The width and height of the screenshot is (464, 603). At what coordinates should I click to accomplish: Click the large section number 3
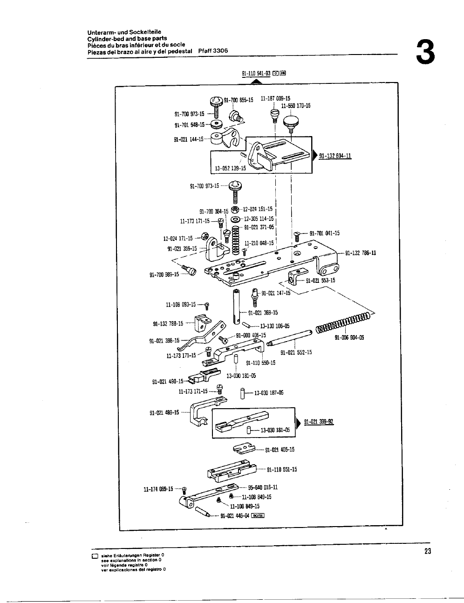pos(425,53)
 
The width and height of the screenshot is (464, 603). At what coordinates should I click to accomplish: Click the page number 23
pos(428,551)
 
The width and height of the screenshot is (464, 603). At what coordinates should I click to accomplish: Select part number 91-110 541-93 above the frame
pos(256,73)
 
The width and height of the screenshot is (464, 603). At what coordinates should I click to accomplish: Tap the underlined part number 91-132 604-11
pos(335,156)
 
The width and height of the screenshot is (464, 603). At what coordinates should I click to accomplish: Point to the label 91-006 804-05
pos(349,338)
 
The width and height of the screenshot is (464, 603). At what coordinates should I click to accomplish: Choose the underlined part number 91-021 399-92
pos(318,422)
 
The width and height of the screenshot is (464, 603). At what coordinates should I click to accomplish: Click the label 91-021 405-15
pos(280,450)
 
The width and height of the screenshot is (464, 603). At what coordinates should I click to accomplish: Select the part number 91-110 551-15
pos(282,470)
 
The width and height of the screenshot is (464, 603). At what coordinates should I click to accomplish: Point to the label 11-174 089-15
pos(158,489)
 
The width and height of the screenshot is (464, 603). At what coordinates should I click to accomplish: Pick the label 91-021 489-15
pos(164,412)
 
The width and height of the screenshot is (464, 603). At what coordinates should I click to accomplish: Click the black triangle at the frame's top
pos(254,82)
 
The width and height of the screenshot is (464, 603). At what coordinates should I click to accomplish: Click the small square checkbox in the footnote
pos(95,556)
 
